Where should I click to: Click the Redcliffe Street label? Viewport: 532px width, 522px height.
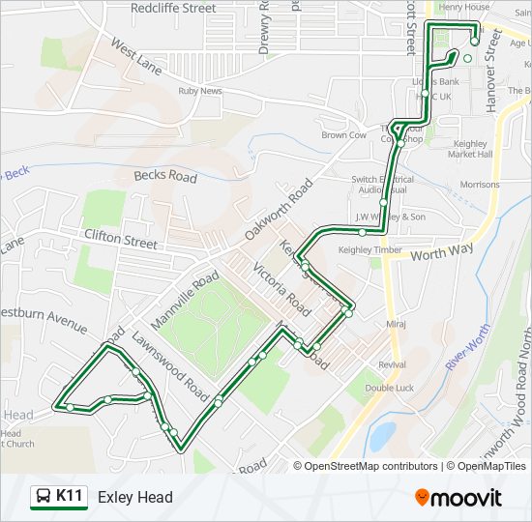[173, 8]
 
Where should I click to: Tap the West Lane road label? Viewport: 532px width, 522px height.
[135, 57]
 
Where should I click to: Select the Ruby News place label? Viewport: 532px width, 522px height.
[200, 91]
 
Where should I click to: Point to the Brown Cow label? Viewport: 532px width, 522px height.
[344, 135]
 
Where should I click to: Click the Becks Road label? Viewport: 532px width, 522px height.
[165, 177]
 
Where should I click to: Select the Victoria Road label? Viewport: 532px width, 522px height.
[281, 288]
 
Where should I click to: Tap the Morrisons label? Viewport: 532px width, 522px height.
[480, 184]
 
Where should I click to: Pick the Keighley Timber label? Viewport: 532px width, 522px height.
[369, 249]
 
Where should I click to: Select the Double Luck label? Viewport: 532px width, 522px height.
[390, 388]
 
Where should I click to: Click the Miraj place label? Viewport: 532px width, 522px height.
[395, 324]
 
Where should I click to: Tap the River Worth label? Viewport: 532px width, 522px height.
[468, 348]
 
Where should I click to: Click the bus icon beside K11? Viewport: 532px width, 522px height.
[44, 497]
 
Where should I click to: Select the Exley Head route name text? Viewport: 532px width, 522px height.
[135, 497]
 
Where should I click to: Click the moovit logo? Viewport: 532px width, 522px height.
[458, 497]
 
